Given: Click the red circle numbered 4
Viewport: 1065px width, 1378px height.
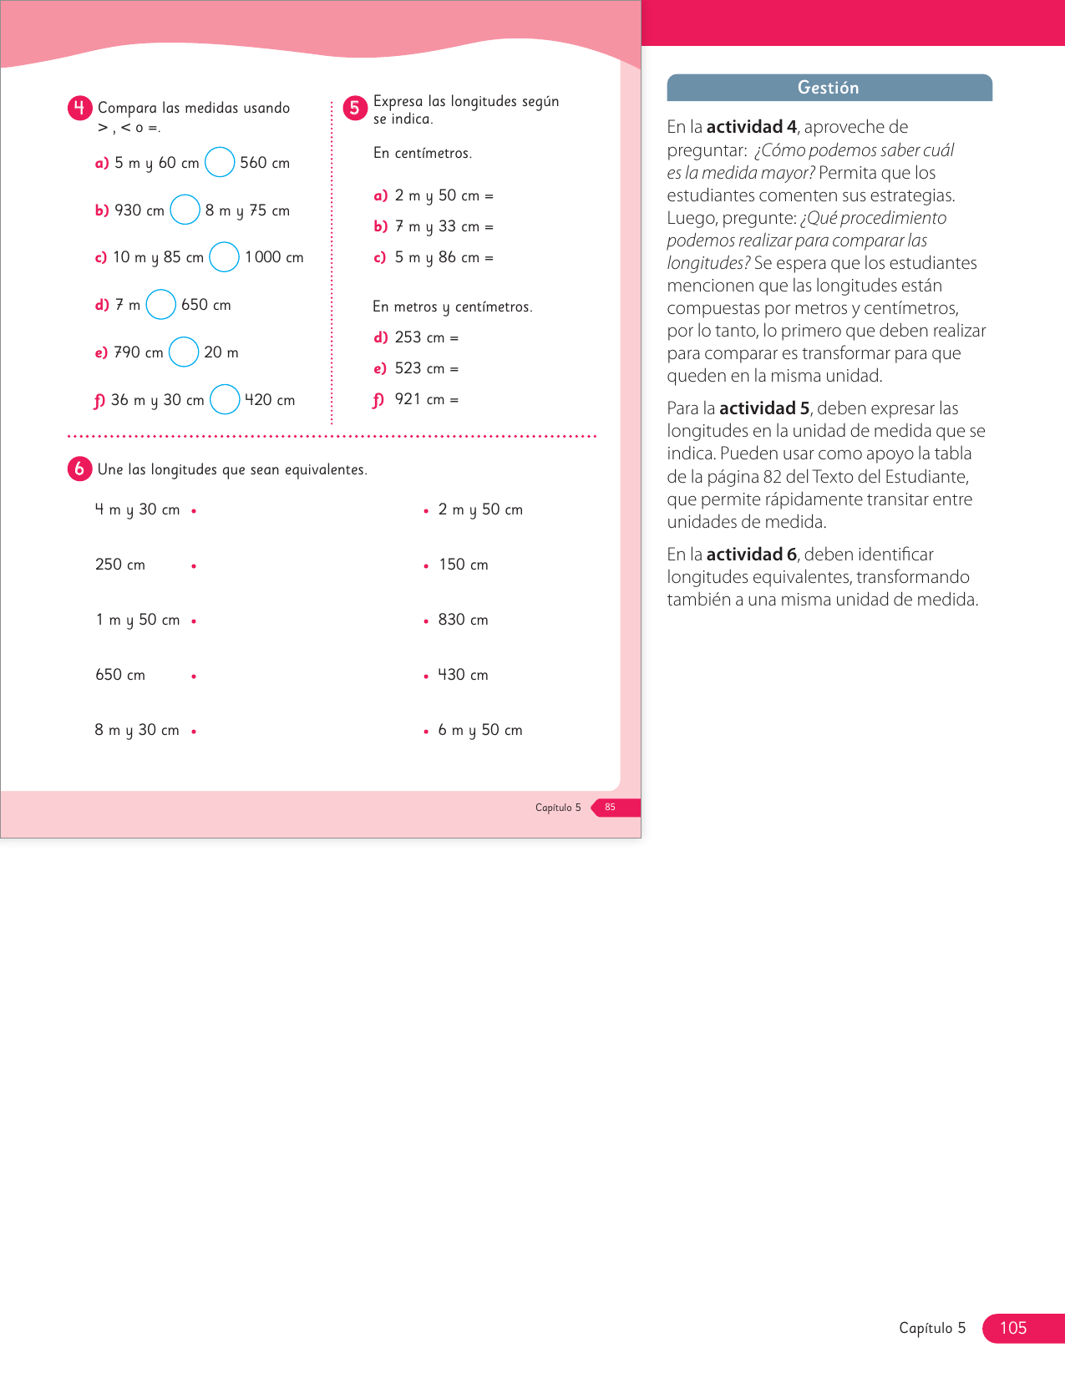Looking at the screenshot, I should click(79, 108).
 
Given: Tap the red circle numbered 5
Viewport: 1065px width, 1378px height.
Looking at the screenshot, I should click(355, 108).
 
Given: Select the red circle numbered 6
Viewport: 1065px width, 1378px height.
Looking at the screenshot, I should click(79, 469).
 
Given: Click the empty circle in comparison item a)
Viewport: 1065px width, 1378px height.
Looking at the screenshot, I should click(220, 162).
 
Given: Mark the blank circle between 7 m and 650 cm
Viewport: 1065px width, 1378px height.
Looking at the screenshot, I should click(161, 305).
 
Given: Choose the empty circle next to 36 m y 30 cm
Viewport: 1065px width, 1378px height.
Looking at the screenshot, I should click(225, 399).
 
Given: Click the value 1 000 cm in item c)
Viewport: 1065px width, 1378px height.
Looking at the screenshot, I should click(274, 257).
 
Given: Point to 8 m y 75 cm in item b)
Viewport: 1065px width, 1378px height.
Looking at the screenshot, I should click(247, 210).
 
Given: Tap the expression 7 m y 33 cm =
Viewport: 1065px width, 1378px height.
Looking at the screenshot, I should click(444, 226).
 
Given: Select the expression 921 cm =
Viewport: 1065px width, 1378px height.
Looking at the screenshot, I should click(426, 399).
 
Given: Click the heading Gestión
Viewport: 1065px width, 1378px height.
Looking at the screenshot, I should click(828, 88).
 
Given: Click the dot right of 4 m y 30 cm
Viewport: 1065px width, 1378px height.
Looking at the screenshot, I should click(194, 510).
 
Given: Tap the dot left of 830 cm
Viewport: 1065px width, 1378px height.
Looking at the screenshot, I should click(426, 621).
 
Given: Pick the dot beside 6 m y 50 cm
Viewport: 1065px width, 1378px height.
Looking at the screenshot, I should click(426, 731).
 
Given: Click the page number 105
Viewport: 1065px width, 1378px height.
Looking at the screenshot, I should click(1012, 1328).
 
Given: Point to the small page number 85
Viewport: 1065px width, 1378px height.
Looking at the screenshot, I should click(610, 807).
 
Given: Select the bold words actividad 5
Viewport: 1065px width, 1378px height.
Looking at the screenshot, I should click(764, 408).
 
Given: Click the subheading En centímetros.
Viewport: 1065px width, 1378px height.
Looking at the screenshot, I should click(423, 153).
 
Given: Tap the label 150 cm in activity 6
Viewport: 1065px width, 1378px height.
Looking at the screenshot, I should click(464, 565).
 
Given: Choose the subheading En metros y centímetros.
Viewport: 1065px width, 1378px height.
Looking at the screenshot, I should click(452, 307).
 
